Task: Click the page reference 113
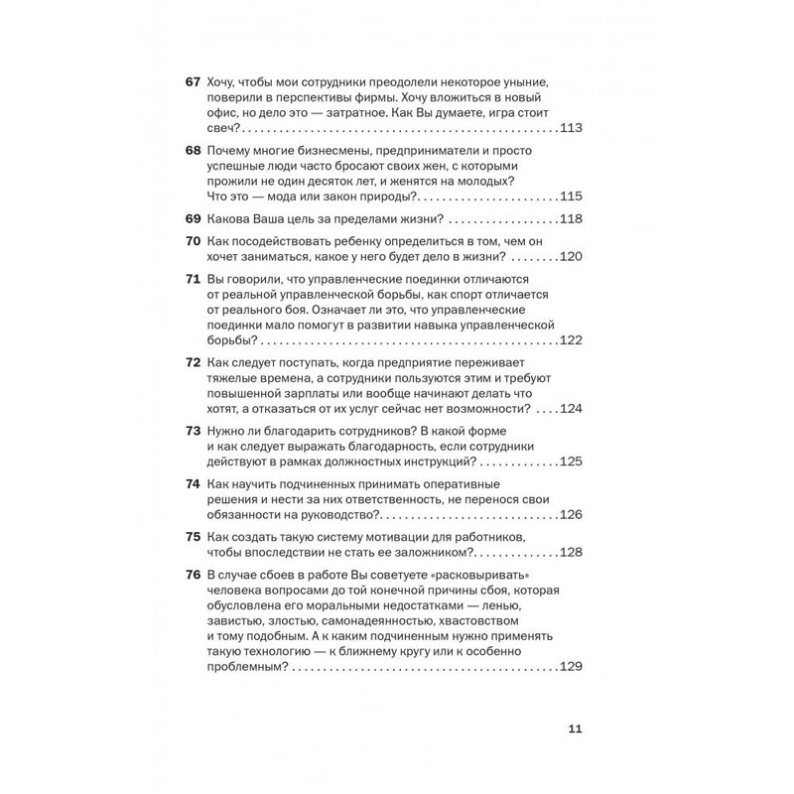click(572, 129)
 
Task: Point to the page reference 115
click(572, 196)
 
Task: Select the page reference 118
click(572, 219)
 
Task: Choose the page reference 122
click(572, 340)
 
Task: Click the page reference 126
click(572, 514)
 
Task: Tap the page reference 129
click(572, 668)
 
